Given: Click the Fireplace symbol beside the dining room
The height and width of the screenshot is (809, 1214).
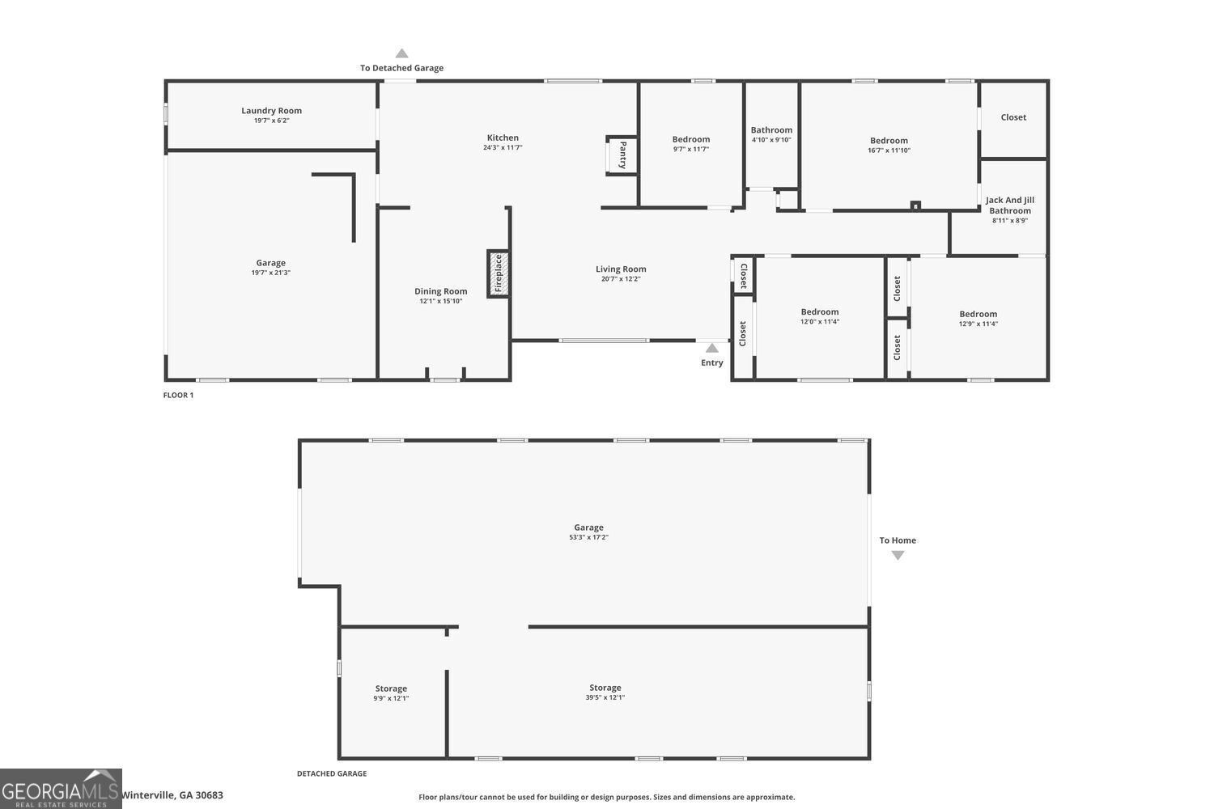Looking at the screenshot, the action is pos(498,273).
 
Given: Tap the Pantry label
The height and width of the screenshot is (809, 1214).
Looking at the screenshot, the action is pos(622,155).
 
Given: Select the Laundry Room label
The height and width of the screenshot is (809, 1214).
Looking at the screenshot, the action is pos(271,111).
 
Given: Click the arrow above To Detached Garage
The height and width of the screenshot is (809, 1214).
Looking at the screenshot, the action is pos(401,53).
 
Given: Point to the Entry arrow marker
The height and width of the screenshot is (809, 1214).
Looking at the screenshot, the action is pos(711,348).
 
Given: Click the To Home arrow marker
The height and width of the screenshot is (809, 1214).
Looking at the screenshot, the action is pos(898,556).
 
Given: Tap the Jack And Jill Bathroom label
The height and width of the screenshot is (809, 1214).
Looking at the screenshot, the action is pos(1010,205).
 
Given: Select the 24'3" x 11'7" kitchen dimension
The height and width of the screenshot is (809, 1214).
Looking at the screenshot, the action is pos(503,147).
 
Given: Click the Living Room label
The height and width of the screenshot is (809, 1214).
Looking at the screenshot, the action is pos(621,269).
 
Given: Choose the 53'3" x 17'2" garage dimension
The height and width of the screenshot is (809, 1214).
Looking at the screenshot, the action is pos(588,537).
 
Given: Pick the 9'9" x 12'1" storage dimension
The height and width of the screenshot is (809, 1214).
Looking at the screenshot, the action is pos(391,698).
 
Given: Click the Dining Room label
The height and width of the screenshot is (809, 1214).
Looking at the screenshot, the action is pos(440,291).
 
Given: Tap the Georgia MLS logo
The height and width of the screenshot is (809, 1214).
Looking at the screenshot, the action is pos(61,789).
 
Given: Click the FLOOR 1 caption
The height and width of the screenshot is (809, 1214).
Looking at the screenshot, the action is pos(178,395).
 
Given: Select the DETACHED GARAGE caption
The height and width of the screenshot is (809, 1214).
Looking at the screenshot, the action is pos(332,773).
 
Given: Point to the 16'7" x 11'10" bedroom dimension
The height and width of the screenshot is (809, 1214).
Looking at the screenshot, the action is pos(889,150).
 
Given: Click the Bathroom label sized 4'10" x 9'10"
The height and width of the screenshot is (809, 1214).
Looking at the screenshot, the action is pos(771,130).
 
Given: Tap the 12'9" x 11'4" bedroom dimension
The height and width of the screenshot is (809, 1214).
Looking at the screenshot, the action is pos(978,324).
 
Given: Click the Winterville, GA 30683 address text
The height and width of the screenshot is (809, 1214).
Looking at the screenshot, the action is pos(172,795).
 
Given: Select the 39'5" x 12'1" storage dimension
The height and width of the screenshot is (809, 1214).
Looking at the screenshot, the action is pos(605,697).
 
